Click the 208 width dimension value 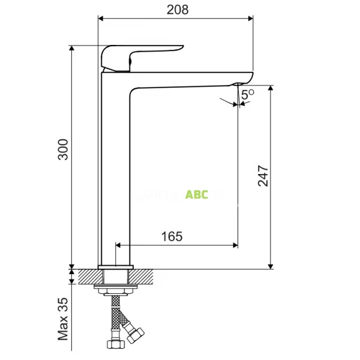176,10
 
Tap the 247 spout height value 263,175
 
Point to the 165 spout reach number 172,236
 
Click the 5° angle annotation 248,94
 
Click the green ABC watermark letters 197,194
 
